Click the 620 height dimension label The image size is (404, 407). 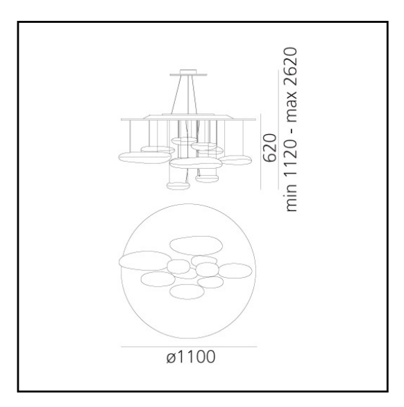point(270,148)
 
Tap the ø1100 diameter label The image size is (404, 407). point(191,356)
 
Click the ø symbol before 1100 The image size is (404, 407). point(171,358)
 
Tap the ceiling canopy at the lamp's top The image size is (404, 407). point(189,73)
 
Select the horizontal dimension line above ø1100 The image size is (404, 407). point(189,347)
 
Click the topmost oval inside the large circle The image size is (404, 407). point(196,246)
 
